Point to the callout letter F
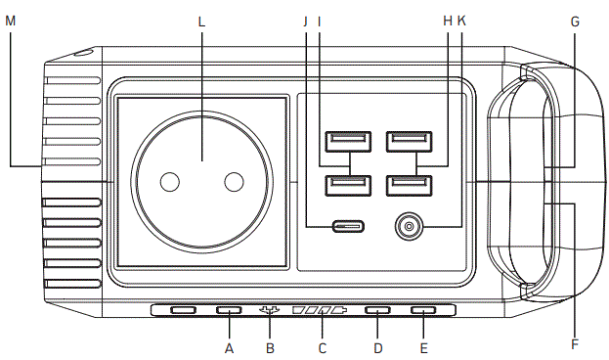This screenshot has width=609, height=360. click(574, 344)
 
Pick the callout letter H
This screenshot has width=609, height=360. click(448, 19)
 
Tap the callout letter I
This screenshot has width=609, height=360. click(320, 19)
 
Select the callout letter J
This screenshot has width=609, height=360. click(306, 19)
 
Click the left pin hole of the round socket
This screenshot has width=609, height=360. click(170, 182)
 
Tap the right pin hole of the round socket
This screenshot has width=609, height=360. click(233, 182)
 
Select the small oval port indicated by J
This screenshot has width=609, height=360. click(348, 227)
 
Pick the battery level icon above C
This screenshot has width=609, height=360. click(320, 311)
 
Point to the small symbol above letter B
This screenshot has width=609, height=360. click(271, 311)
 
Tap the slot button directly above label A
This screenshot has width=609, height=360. click(229, 311)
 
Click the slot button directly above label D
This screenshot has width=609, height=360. click(377, 311)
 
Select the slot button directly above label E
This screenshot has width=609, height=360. click(423, 311)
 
